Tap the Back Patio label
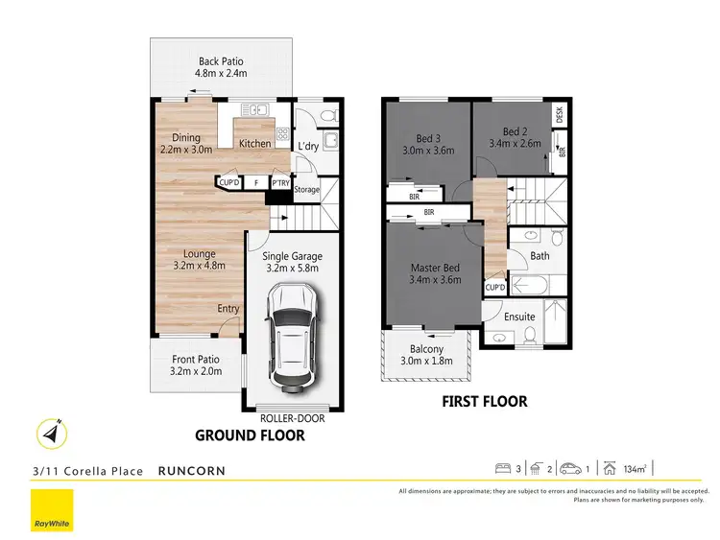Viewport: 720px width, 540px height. tap(222, 67)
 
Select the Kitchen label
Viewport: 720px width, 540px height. tap(254, 144)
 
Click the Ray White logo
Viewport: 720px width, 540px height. tap(53, 511)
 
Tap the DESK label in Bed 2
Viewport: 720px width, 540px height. tap(560, 114)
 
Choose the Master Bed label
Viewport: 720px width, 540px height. tap(436, 273)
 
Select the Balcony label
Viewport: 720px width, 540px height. tap(426, 355)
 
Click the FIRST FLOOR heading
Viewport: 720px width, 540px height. tap(484, 402)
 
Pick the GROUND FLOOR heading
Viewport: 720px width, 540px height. tap(250, 435)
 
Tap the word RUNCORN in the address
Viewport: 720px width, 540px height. tap(193, 471)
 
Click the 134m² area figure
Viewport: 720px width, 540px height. tap(635, 469)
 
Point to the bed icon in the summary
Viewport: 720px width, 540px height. tap(501, 469)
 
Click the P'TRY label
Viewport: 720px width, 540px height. tap(280, 182)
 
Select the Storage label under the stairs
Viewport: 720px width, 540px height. tap(306, 190)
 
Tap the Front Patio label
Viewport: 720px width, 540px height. tap(196, 364)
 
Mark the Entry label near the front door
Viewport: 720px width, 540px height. tap(228, 308)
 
